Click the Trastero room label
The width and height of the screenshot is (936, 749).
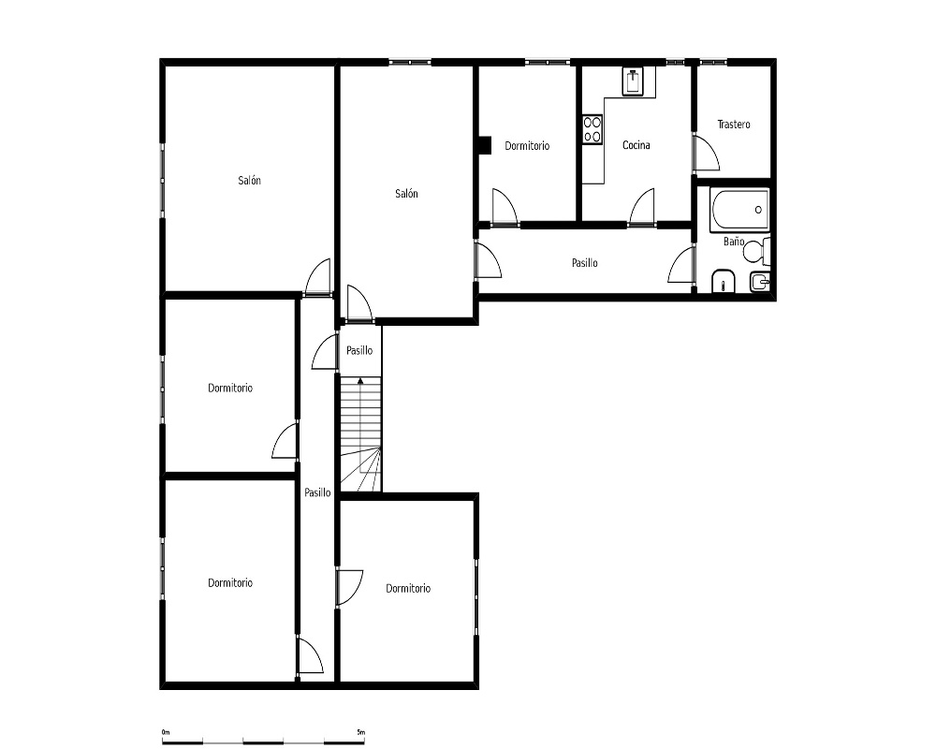734,125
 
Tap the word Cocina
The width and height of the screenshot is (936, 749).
636,145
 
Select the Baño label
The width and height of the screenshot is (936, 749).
734,242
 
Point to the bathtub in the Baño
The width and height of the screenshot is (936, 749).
739,210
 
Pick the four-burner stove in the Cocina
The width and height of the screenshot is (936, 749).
592,129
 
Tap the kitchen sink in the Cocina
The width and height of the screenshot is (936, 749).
633,81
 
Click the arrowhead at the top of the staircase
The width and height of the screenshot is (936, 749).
360,380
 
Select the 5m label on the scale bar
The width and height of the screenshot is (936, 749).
360,731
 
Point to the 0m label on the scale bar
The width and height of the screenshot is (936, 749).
166,731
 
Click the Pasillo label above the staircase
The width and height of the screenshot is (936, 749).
359,350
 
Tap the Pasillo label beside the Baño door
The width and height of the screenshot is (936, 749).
584,263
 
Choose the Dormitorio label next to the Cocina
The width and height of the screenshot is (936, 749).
527,146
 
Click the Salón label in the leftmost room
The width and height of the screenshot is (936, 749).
250,181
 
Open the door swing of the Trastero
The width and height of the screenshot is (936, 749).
706,153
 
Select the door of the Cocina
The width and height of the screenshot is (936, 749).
642,207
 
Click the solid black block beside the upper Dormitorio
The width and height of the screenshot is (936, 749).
484,145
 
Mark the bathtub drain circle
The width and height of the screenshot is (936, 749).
758,210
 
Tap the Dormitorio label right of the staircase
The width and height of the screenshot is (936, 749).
408,589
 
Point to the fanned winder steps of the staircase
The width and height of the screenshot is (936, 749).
361,469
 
